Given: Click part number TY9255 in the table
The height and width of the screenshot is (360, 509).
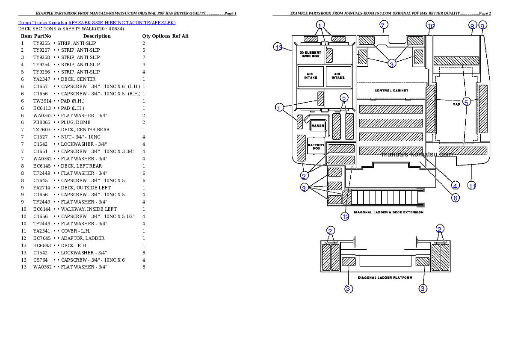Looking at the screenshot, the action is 41,43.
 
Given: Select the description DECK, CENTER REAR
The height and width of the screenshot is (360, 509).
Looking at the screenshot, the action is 85,130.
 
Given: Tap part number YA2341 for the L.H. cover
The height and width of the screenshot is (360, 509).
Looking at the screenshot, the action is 42,231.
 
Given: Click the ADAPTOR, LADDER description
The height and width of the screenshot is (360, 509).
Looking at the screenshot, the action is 83,238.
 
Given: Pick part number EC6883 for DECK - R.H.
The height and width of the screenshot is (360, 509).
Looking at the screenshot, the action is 42,246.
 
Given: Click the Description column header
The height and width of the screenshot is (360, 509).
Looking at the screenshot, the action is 97,36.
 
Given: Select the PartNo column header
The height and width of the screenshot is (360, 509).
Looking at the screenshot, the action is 42,36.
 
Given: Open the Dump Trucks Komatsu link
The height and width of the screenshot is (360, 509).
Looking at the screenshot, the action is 42,23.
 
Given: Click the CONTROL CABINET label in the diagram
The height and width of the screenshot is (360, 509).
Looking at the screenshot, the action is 391,90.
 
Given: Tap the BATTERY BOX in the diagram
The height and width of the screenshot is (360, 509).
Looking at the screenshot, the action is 316,147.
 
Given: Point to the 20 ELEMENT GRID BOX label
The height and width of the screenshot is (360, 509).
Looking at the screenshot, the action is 311,54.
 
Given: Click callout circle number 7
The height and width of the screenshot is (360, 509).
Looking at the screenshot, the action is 383,25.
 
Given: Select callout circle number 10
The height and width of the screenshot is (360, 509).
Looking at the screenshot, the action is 430,26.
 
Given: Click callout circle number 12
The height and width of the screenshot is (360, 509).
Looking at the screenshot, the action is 345,216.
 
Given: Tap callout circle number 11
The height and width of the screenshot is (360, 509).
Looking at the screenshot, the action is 472,186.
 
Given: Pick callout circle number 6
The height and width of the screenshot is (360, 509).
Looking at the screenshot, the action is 456,198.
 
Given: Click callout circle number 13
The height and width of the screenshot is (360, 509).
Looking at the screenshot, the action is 278,47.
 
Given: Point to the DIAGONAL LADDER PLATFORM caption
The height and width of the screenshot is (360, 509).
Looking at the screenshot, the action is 385,277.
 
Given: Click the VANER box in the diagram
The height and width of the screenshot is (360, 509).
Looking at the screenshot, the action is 318,126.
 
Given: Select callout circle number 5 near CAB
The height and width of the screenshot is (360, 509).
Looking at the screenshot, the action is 466,102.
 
